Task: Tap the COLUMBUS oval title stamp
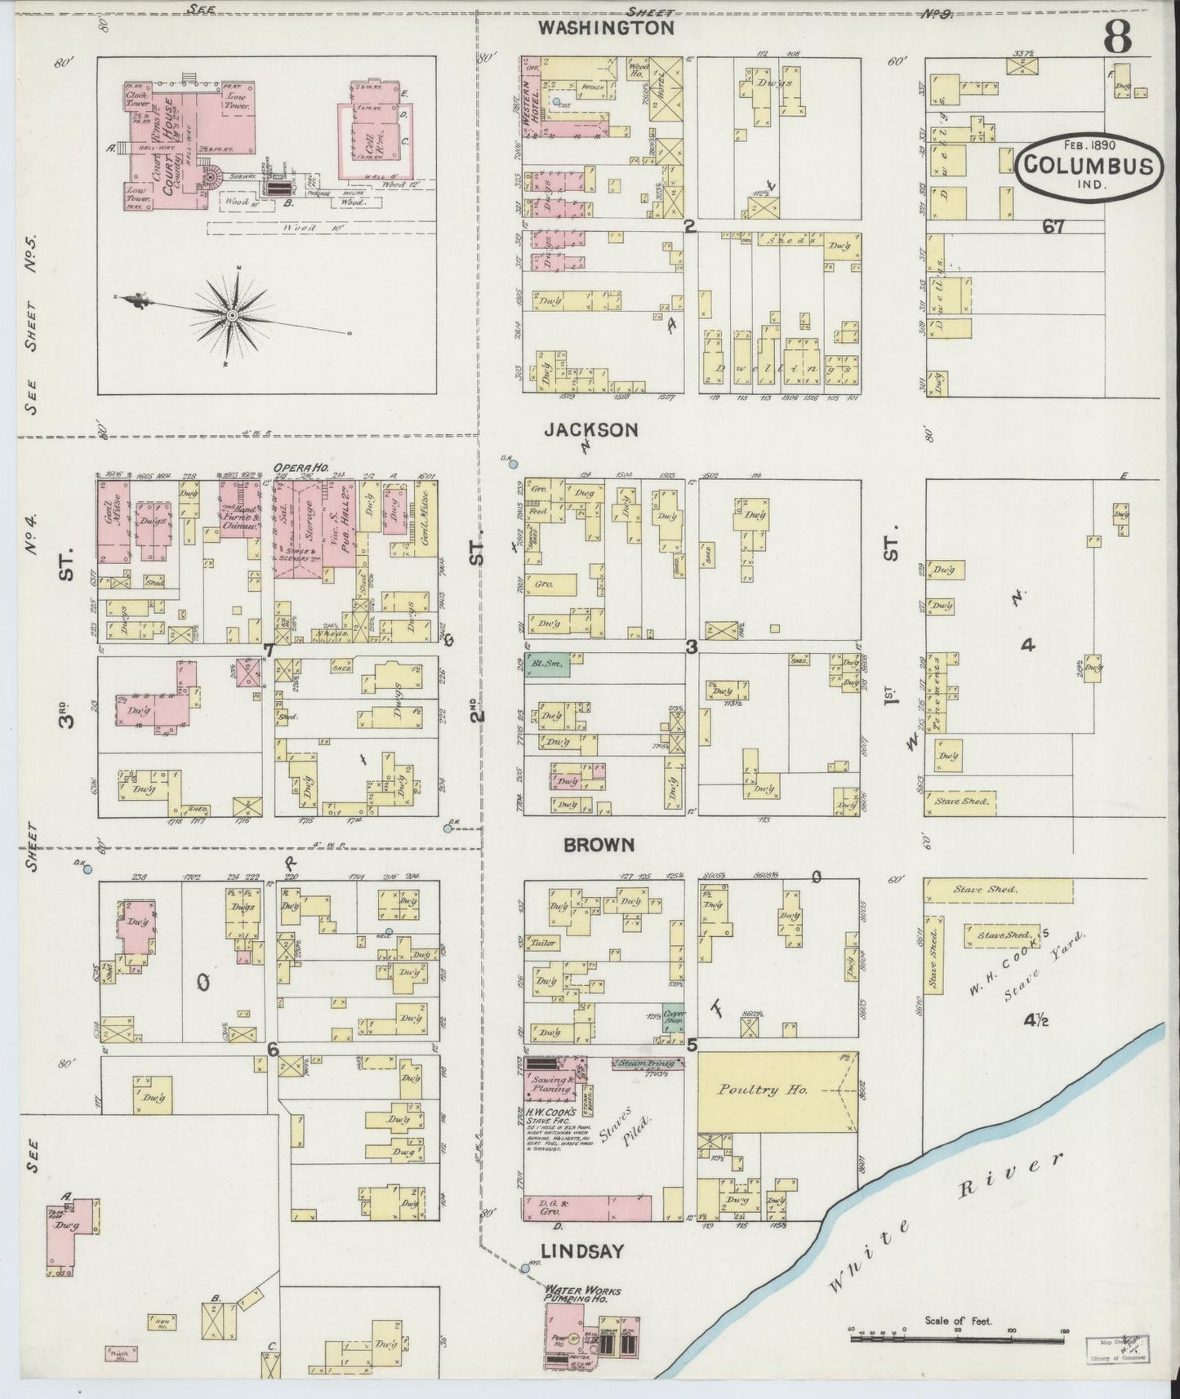1089,166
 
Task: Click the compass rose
233,314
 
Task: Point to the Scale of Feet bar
959,1339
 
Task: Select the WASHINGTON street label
606,28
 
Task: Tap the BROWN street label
599,846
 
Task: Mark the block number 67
1053,227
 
